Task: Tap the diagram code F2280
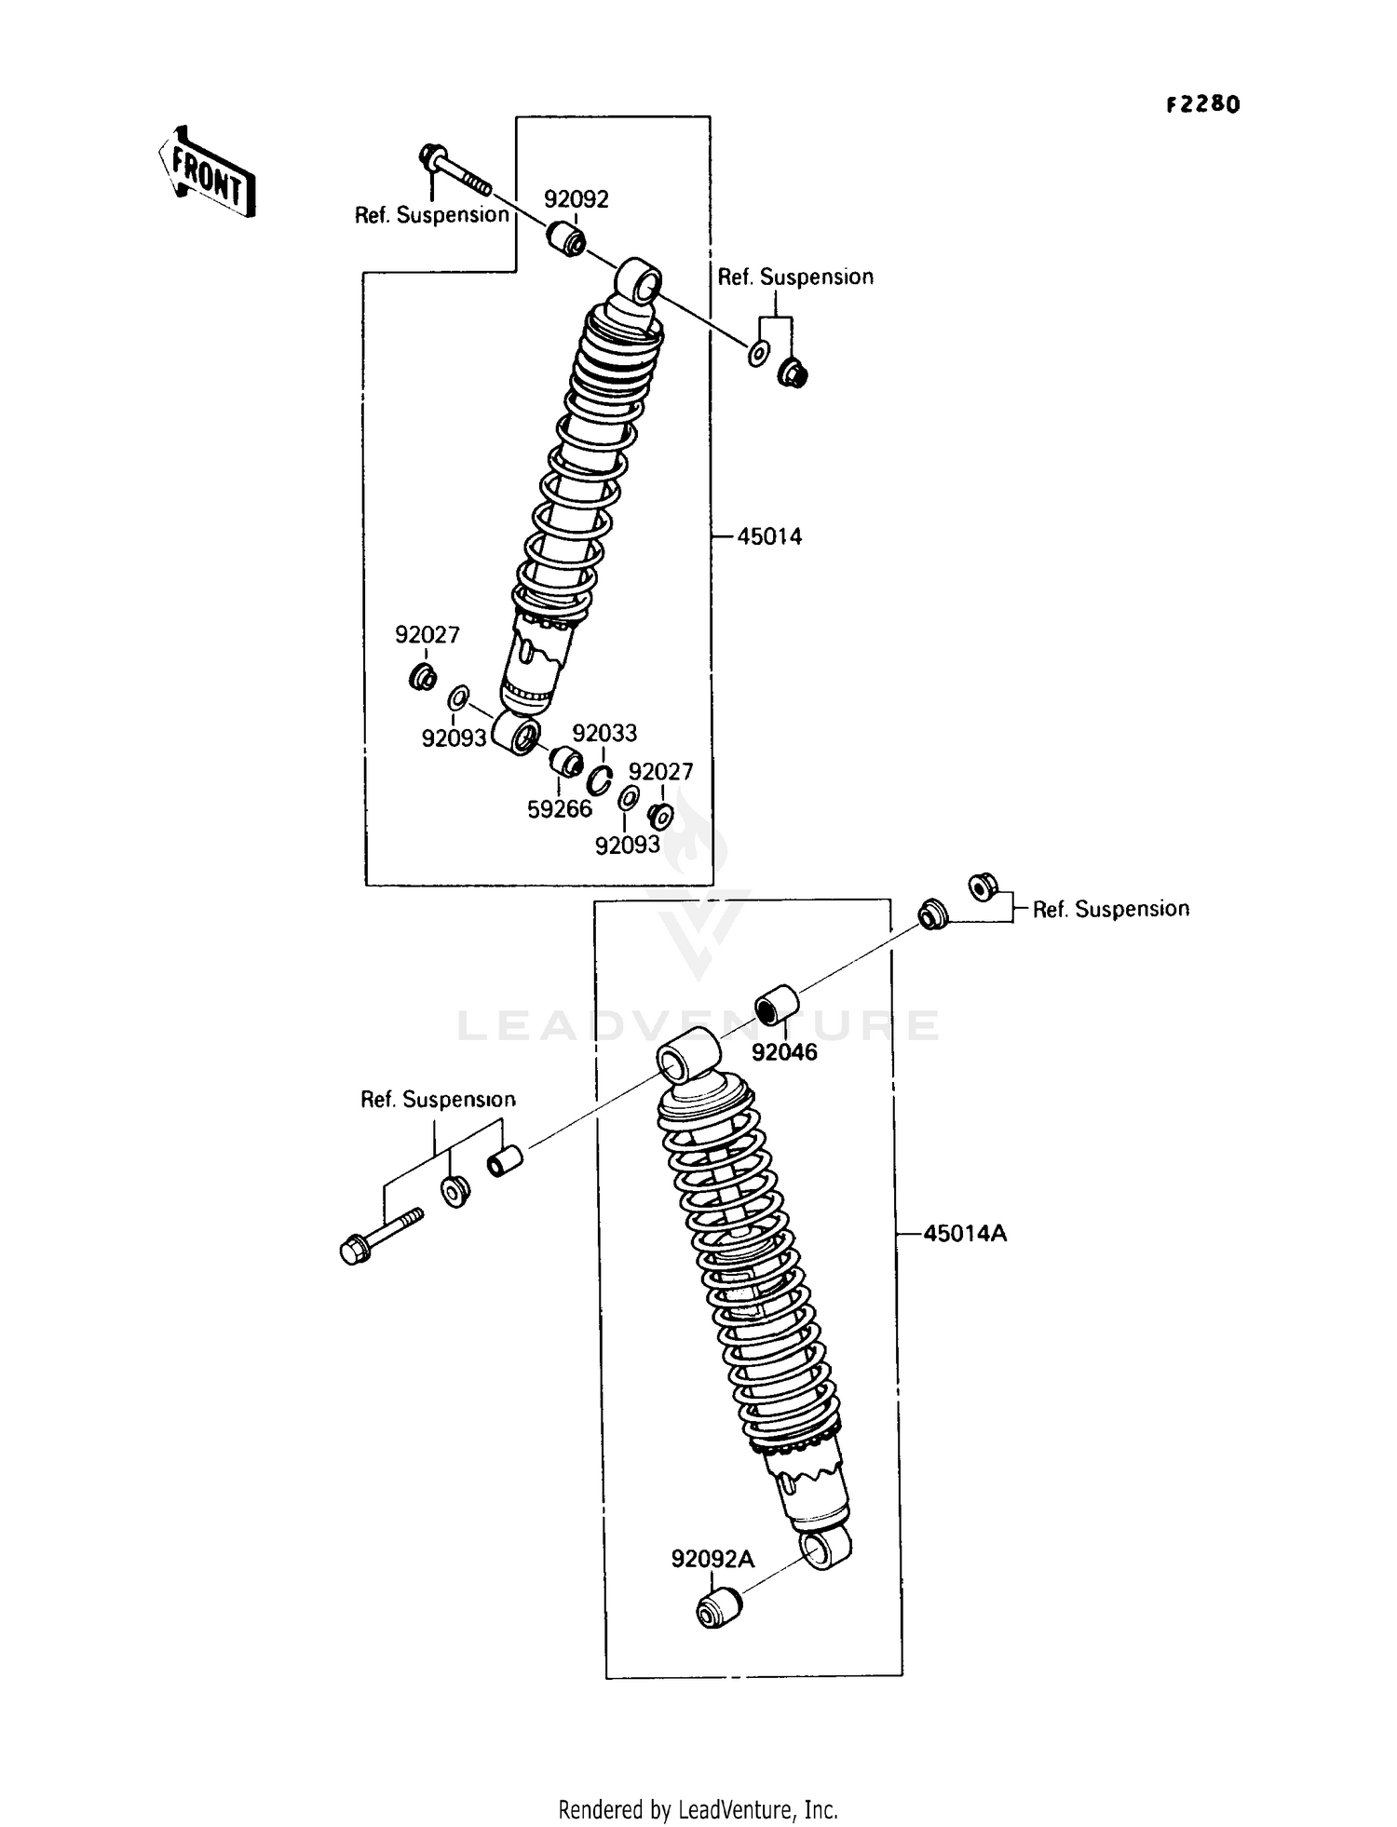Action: click(1203, 104)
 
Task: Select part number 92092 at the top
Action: click(576, 199)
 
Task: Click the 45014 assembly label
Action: click(769, 536)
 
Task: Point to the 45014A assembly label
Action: click(965, 1234)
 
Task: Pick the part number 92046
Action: click(784, 1052)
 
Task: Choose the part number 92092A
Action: click(712, 1559)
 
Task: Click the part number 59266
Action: click(560, 809)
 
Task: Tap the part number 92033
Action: click(604, 734)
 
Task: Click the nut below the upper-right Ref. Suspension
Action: click(793, 374)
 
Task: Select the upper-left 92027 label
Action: click(427, 635)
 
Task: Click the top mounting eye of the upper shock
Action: click(639, 280)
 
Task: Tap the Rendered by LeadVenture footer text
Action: click(698, 1809)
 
